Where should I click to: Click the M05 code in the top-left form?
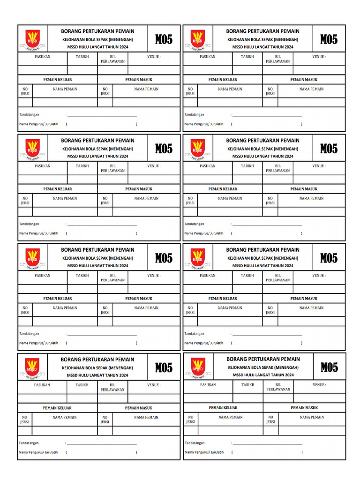164,39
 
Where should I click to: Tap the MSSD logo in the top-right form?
198,39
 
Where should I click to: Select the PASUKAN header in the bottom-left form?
42,385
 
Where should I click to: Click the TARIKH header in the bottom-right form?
248,385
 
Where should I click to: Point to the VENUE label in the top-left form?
154,57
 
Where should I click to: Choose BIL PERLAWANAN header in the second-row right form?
277,168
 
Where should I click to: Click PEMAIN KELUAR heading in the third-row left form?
58,299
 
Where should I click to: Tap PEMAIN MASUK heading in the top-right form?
304,80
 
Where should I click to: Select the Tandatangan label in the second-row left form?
29,224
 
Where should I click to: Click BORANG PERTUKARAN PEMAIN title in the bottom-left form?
97,359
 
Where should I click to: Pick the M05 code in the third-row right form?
329,258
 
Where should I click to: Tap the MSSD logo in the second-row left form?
33,148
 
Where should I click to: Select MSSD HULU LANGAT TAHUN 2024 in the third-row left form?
97,266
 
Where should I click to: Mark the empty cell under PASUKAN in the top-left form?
42,70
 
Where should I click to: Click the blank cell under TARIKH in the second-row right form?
247,180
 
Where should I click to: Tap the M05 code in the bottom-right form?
329,367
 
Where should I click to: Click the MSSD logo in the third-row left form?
33,258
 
